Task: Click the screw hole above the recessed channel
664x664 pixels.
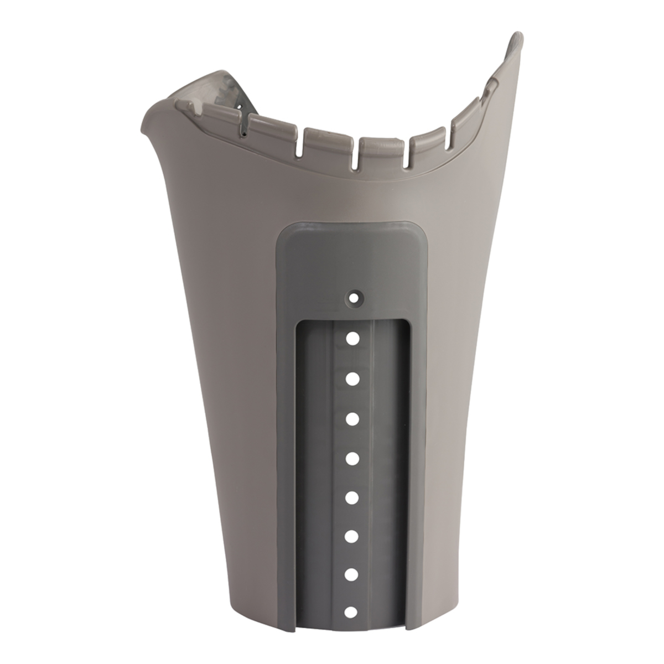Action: pyautogui.click(x=353, y=297)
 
